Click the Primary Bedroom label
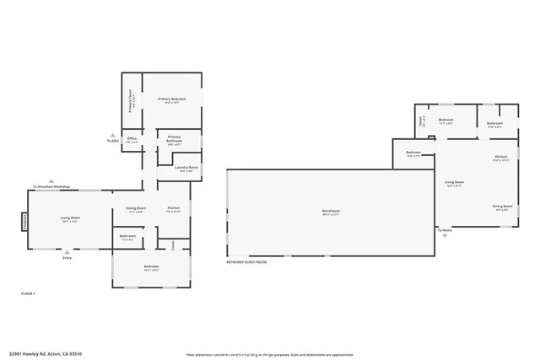171,100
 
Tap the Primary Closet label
131,101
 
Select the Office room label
131,141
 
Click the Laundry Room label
186,169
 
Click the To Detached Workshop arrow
51,185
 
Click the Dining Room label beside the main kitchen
136,209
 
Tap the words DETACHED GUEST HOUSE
246,262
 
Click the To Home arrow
444,229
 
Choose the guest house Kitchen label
500,159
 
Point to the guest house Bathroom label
494,124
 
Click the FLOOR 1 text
28,293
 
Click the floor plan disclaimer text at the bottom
270,354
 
